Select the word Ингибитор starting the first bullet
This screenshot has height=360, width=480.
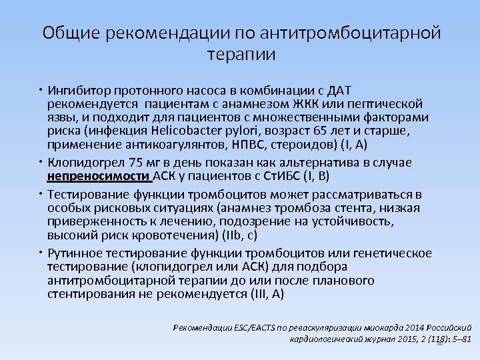[x=81, y=90]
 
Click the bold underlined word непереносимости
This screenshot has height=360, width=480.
[x=99, y=176]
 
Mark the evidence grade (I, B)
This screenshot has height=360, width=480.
[x=315, y=176]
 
